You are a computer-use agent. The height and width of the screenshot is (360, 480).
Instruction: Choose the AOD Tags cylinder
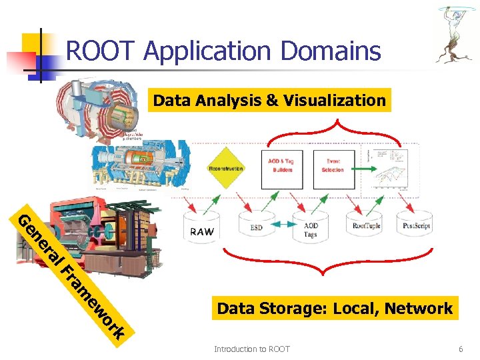(x=311, y=228)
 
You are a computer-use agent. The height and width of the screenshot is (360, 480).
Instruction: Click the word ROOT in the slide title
(x=101, y=51)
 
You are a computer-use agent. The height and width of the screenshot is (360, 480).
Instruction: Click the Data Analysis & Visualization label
(x=269, y=101)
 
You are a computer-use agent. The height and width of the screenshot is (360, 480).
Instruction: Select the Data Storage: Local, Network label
(x=335, y=308)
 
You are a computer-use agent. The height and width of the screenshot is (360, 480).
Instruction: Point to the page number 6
(x=460, y=349)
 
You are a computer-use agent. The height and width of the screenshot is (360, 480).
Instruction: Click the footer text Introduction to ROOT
(x=251, y=349)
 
